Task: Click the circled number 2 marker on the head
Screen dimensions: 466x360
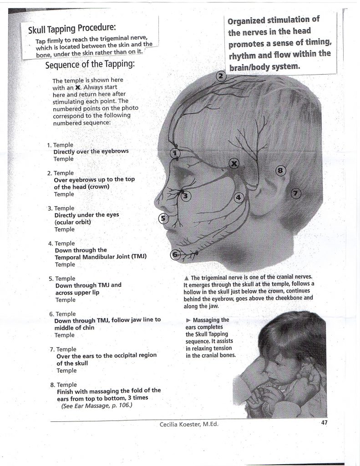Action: [221, 76]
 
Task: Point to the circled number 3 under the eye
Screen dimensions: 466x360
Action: [186, 196]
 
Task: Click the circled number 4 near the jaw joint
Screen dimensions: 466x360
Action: [239, 198]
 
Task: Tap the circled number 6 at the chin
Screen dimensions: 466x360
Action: [175, 254]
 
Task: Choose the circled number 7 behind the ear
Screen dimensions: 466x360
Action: [296, 193]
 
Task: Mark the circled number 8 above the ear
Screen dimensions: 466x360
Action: [281, 171]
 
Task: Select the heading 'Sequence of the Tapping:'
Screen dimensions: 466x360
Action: [90, 64]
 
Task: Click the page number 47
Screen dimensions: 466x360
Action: [325, 422]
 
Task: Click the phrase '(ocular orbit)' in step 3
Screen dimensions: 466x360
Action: [73, 222]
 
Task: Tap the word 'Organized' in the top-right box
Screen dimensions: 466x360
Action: [248, 21]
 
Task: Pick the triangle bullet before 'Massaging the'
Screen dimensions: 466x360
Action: [188, 320]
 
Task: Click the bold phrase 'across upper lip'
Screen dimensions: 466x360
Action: [77, 293]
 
